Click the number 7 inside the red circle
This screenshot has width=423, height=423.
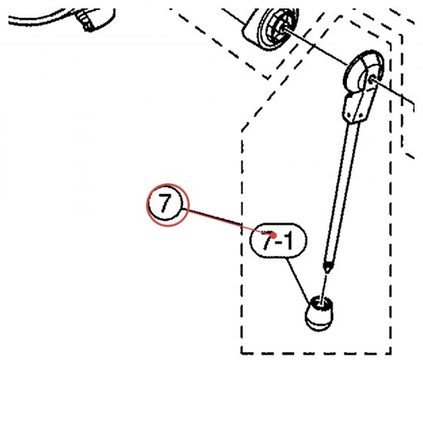click(165, 203)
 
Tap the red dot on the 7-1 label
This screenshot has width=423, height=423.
click(274, 235)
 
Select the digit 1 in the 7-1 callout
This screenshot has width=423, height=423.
click(288, 240)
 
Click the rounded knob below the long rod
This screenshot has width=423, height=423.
click(319, 313)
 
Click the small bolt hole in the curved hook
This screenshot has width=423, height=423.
click(371, 79)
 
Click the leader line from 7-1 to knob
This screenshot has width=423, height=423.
click(299, 281)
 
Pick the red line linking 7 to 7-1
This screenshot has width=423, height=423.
click(229, 222)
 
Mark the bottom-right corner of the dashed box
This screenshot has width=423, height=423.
click(391, 353)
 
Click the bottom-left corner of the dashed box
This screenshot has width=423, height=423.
click(242, 353)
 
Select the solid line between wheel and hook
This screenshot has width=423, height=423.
click(316, 46)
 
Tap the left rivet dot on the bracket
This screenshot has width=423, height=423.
click(350, 115)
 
